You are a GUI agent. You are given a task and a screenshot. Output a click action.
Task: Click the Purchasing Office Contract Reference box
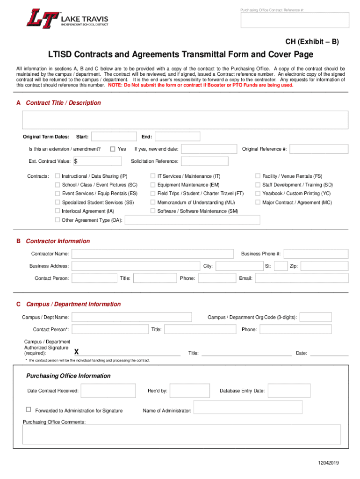click(295, 21)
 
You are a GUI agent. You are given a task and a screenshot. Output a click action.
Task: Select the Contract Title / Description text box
click(185, 120)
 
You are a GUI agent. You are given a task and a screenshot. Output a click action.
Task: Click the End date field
click(177, 137)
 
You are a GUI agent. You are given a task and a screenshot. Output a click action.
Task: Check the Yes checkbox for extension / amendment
click(113, 149)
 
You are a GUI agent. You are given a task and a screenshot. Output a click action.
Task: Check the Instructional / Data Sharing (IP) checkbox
click(58, 176)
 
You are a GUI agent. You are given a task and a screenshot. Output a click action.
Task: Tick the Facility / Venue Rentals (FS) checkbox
click(258, 176)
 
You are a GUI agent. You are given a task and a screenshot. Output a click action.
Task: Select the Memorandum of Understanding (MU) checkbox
click(153, 203)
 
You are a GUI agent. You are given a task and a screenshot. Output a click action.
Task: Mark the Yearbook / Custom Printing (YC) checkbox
click(258, 194)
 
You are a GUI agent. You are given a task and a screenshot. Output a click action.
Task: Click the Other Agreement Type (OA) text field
click(192, 220)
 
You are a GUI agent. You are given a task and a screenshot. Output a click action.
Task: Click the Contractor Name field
click(152, 254)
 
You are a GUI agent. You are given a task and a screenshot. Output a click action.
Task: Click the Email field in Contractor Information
click(302, 278)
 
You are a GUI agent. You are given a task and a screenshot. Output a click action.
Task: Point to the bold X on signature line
click(77, 352)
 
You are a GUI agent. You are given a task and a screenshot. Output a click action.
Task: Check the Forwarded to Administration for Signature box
click(29, 410)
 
